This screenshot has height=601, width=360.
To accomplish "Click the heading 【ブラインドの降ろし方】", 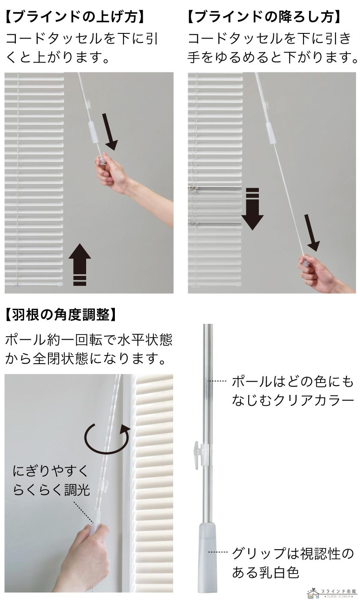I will (265, 18).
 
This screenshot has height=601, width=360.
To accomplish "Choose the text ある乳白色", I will (265, 573).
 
